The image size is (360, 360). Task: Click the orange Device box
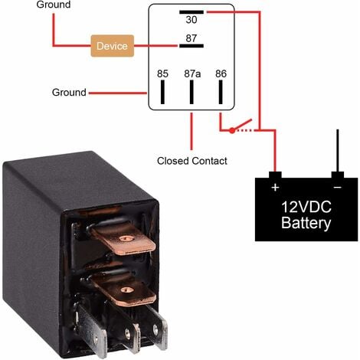pyautogui.click(x=112, y=46)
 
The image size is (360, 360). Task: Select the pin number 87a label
pyautogui.click(x=191, y=75)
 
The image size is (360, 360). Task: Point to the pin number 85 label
pyautogui.click(x=162, y=75)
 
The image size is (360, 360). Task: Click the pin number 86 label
pyautogui.click(x=221, y=75)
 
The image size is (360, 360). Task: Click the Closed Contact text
pyautogui.click(x=191, y=161)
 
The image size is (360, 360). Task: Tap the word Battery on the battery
pyautogui.click(x=306, y=224)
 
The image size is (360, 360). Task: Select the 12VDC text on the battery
pyautogui.click(x=306, y=208)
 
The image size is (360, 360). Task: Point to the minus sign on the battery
pyautogui.click(x=337, y=187)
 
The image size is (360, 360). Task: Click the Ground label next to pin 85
pyautogui.click(x=68, y=93)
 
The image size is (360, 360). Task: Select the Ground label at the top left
pyautogui.click(x=54, y=5)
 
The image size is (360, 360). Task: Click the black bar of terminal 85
pyautogui.click(x=162, y=93)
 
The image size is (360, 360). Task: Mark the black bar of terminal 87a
pyautogui.click(x=191, y=93)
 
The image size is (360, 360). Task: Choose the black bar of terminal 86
pyautogui.click(x=221, y=93)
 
